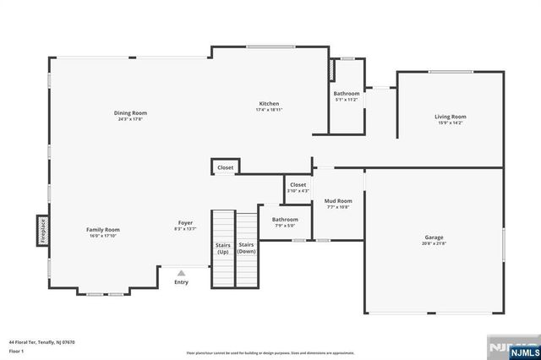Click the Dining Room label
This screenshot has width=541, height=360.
[132, 112]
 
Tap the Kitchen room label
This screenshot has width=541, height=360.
[269, 104]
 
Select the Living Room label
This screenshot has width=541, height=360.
[450, 117]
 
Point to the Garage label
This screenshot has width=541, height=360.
[434, 237]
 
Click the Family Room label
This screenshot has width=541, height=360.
[103, 229]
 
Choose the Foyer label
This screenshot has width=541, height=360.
[185, 222]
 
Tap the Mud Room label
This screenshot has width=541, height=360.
[338, 201]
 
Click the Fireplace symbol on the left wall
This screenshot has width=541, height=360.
[41, 230]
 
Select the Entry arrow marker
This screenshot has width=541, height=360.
[181, 273]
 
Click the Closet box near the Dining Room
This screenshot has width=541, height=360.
[225, 167]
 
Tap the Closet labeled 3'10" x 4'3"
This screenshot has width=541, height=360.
[298, 188]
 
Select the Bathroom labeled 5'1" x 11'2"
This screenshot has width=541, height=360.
[346, 96]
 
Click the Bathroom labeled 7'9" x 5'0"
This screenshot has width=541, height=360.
[285, 222]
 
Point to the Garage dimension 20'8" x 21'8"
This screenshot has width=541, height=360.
[434, 244]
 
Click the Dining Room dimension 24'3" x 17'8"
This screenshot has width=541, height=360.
[132, 119]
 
